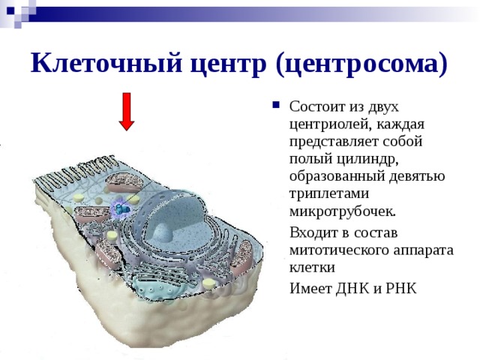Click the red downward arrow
coord(127,112)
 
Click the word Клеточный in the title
coord(106,64)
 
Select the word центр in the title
coord(228,65)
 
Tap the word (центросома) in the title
coord(361,64)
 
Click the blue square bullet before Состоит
coord(276,105)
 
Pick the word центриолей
coord(330,125)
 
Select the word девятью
coord(417,177)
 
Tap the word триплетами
coord(329,194)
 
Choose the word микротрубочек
coord(343,211)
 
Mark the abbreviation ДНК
coord(352,288)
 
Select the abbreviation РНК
coord(402,288)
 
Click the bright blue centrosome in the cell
coord(122,209)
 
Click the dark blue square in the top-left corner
coord(10,10)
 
